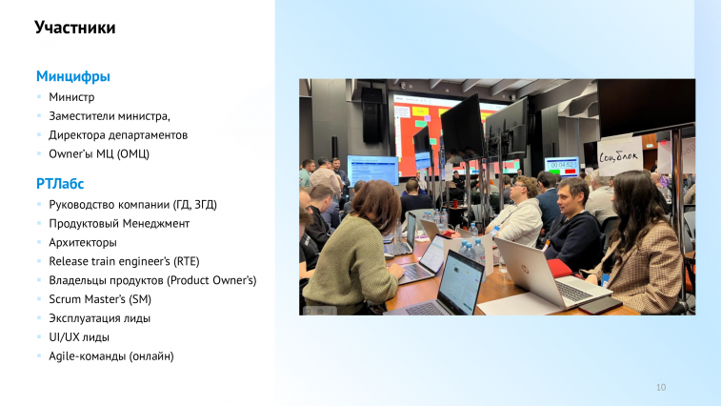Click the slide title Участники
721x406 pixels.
[75, 28]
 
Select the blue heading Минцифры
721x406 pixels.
[73, 76]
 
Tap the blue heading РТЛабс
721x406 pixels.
[60, 184]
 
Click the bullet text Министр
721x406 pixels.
[71, 97]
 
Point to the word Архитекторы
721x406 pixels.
[83, 243]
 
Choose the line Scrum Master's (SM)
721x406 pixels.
[100, 299]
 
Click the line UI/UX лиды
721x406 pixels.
[79, 337]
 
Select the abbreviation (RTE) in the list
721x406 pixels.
[187, 261]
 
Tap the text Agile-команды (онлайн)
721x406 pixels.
[111, 356]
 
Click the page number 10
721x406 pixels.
[661, 387]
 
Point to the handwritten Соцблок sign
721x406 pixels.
[619, 156]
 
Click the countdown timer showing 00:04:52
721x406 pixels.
[562, 165]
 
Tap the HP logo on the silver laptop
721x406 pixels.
[525, 268]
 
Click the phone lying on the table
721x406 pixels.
[601, 305]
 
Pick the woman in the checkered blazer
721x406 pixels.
[644, 244]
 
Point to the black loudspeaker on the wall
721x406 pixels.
[371, 115]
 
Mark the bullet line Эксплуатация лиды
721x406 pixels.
[99, 318]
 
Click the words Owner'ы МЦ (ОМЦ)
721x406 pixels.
[99, 153]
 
